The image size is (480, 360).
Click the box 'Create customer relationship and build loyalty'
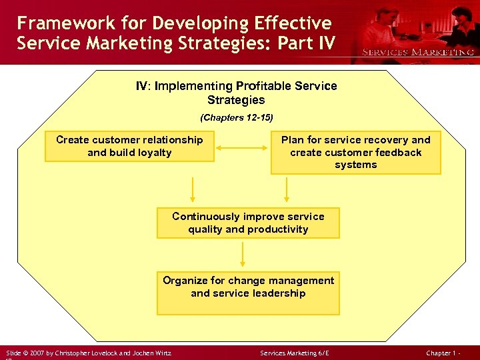[x=129, y=147]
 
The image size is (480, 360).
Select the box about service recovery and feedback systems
[x=355, y=153]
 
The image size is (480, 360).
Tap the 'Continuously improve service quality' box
[x=248, y=223]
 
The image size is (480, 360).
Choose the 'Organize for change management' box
[x=248, y=293]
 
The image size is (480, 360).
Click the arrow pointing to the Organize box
[x=243, y=253]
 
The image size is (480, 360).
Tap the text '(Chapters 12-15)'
[x=237, y=117]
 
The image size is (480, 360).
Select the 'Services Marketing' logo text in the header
[x=418, y=52]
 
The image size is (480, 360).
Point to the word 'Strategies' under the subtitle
[x=236, y=100]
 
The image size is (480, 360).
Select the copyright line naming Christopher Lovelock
[x=89, y=353]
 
